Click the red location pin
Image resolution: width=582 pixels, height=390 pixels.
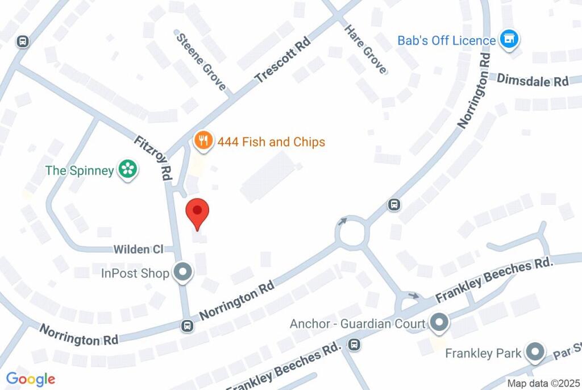[198, 213]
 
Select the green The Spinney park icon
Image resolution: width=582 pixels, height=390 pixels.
[128, 170]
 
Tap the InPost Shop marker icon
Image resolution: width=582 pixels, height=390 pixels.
[183, 273]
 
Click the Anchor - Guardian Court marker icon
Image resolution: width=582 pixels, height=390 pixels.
[438, 323]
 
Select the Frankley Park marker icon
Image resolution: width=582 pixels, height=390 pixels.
[535, 353]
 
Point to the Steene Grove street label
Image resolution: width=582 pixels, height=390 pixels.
[201, 62]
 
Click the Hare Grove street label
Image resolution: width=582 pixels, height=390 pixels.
[367, 48]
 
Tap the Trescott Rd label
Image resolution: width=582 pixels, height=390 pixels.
[282, 61]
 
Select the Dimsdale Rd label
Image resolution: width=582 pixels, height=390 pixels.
[533, 80]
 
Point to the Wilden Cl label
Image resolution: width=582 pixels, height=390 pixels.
[139, 249]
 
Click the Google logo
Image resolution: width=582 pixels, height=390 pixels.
[31, 379]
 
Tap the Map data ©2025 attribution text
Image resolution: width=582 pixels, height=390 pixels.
[543, 383]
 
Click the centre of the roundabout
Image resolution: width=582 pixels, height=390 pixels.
[352, 233]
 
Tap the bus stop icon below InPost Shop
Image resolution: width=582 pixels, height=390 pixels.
[186, 326]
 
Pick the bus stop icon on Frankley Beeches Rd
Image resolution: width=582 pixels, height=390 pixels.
[354, 344]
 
